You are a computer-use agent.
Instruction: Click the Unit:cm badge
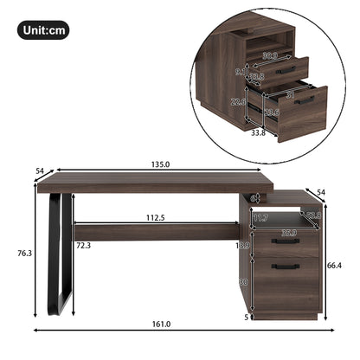42,31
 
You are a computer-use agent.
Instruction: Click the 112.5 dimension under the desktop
157,218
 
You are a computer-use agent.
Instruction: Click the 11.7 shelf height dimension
261,218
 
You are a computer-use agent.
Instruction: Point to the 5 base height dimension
246,317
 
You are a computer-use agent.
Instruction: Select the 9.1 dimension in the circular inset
239,73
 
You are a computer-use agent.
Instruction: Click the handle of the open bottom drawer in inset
305,100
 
